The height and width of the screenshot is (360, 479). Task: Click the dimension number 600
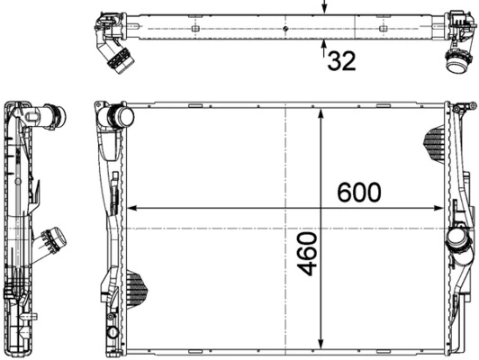pyautogui.click(x=358, y=193)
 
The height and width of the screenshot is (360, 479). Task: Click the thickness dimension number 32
pyautogui.click(x=341, y=61)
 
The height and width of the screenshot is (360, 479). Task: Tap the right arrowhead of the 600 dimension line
pyautogui.click(x=442, y=209)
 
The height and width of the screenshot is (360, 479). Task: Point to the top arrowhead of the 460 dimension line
pyautogui.click(x=322, y=110)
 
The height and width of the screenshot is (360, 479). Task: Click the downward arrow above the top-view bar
pyautogui.click(x=325, y=7)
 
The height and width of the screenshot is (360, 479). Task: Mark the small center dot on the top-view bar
pyautogui.click(x=285, y=30)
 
